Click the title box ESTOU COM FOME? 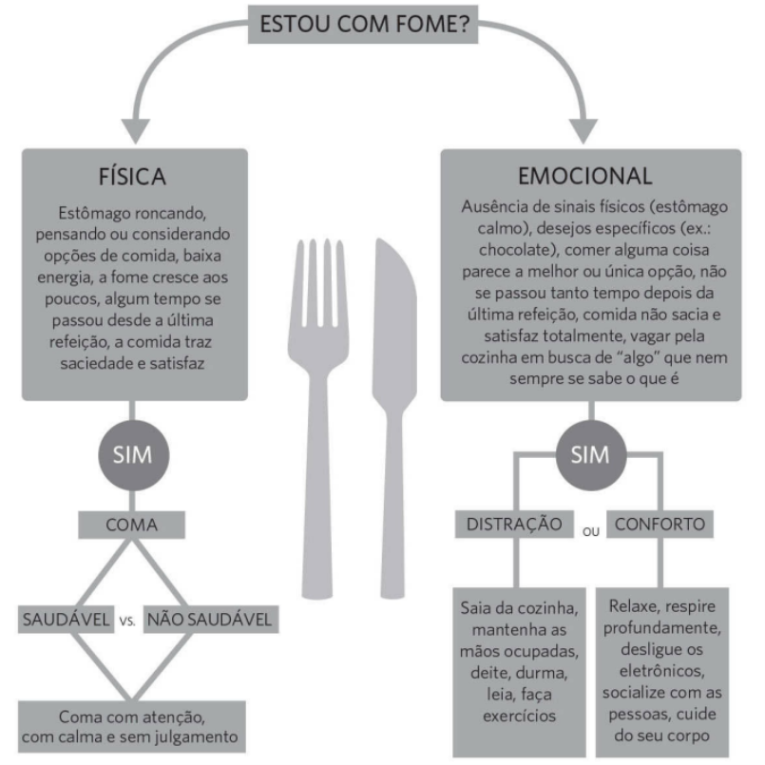coord(363,25)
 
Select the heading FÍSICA coord(132,177)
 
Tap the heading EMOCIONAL coord(585,176)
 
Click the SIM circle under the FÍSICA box coord(134,455)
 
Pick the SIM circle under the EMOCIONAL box coord(591,455)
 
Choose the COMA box coord(132,525)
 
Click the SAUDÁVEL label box coord(66,620)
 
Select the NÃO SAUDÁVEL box coord(211,620)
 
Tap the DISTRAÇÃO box coord(514,525)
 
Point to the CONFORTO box coord(660,525)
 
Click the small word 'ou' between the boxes coord(590,532)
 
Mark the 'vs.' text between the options coord(127,622)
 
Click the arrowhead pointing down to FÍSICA coord(136,131)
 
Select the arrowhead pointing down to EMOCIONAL coord(583,131)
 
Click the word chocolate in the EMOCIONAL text coord(517,250)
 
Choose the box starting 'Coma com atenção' coord(132,727)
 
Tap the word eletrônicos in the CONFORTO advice coord(662,671)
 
